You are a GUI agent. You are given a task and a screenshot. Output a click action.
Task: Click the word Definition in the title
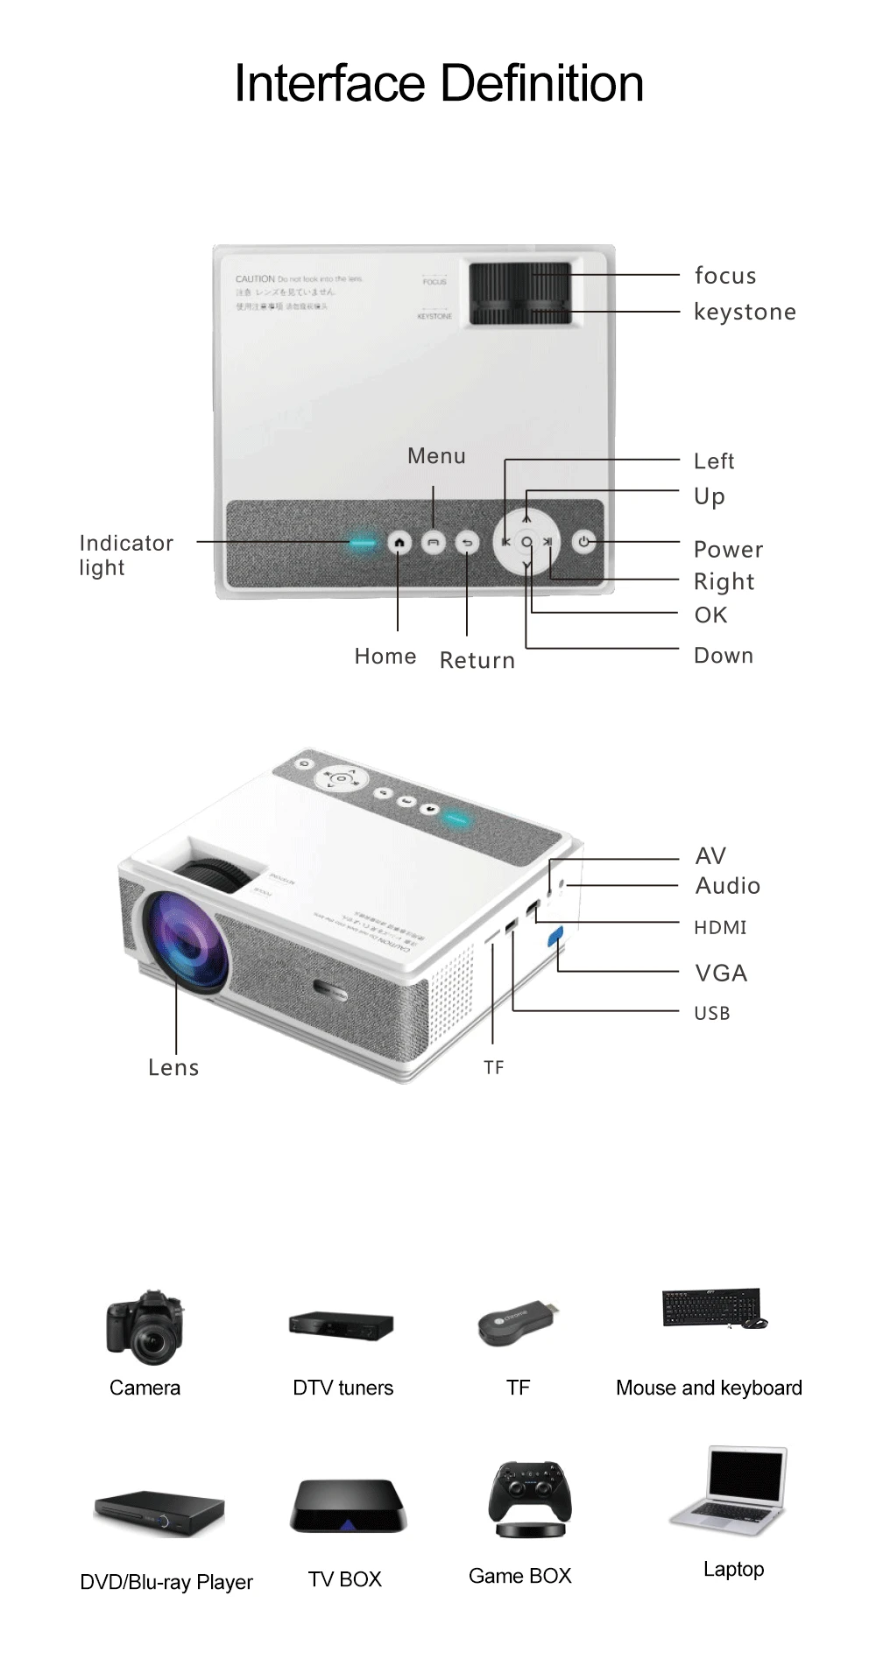click(x=541, y=84)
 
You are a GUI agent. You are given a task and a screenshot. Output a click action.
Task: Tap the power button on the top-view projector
click(x=584, y=542)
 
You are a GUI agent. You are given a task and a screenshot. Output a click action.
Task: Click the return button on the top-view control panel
click(x=467, y=543)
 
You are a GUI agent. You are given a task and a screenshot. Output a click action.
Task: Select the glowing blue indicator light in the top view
click(x=362, y=543)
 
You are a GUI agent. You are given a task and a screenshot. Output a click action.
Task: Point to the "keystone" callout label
click(x=745, y=313)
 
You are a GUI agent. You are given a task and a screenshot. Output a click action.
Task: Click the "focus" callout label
click(x=725, y=276)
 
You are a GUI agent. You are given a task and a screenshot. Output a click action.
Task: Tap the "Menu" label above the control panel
click(x=436, y=456)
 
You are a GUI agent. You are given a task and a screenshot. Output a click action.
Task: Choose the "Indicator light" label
click(x=125, y=555)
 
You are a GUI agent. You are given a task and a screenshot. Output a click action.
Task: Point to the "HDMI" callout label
click(x=720, y=928)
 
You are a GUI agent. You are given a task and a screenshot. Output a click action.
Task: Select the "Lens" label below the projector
click(x=173, y=1068)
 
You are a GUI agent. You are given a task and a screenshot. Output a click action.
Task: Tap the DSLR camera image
click(x=145, y=1325)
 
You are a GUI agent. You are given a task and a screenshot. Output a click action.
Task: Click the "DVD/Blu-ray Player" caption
click(x=166, y=1583)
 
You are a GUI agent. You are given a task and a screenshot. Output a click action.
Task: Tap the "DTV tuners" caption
click(x=343, y=1388)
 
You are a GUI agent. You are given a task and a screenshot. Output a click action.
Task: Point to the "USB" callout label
click(x=711, y=1014)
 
